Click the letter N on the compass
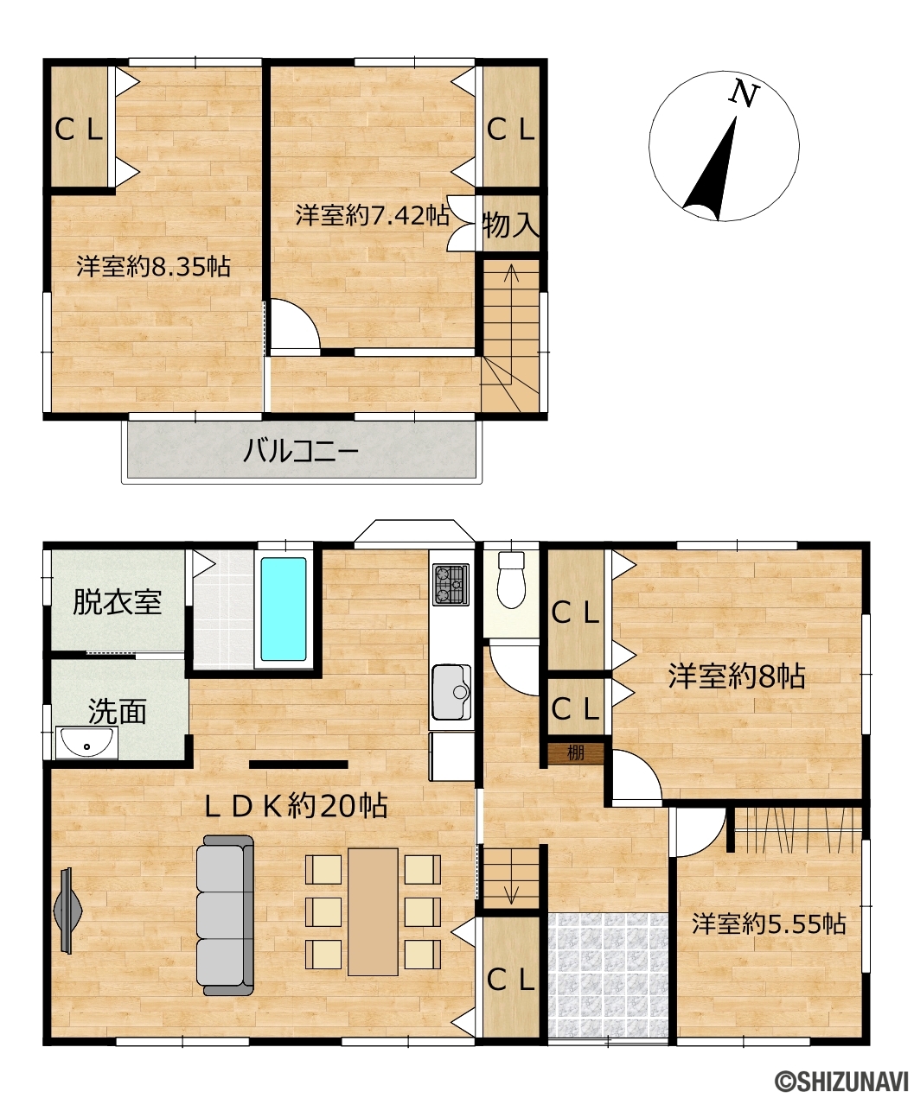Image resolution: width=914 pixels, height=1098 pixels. [x=743, y=94]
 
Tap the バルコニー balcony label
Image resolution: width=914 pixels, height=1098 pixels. [x=301, y=451]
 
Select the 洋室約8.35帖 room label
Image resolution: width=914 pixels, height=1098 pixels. [x=153, y=267]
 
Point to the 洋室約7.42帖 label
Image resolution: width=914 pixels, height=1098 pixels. [x=372, y=215]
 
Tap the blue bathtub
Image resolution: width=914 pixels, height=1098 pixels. [x=284, y=609]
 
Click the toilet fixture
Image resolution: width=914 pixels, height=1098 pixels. [x=511, y=580]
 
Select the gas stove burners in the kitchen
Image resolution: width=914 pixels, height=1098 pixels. [x=451, y=584]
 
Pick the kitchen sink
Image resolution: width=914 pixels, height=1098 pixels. [x=451, y=692]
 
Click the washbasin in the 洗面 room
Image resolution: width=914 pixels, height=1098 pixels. [x=86, y=743]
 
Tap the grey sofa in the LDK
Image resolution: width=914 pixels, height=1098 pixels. [x=226, y=916]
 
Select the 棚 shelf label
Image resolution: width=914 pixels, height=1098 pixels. [x=575, y=752]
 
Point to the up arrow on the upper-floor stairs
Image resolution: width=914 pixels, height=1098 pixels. [x=511, y=289]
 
